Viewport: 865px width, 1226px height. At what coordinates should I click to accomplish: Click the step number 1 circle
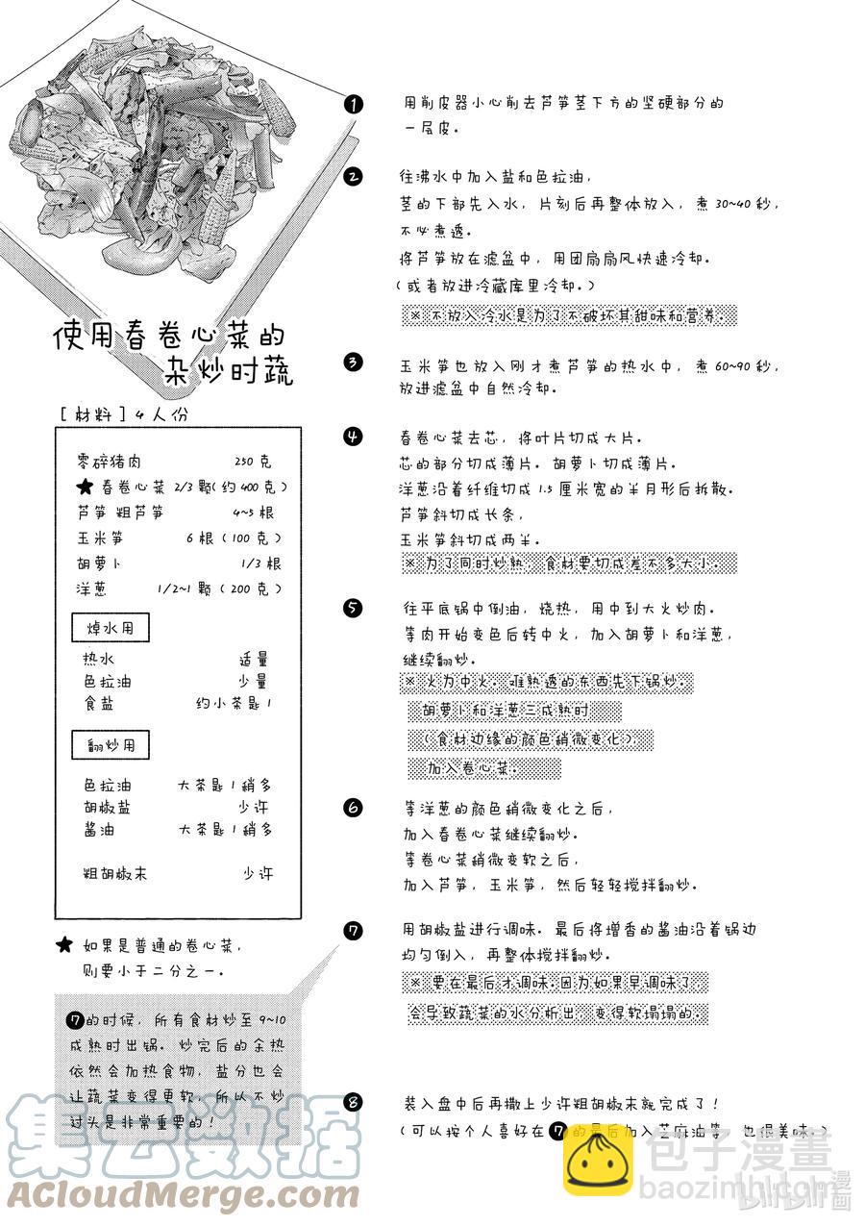pos(354,104)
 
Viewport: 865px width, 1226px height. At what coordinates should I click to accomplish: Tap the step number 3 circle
pos(354,362)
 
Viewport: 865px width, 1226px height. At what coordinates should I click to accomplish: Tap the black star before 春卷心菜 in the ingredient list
pos(85,488)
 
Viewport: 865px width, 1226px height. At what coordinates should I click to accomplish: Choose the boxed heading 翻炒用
pos(111,744)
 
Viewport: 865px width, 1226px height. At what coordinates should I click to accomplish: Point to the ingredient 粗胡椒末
pos(115,874)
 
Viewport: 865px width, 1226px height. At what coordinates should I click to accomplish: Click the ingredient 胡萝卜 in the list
pos(100,563)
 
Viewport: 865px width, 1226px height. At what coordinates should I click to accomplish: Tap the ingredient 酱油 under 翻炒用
pos(100,830)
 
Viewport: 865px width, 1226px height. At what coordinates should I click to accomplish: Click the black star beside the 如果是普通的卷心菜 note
pos(64,945)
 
